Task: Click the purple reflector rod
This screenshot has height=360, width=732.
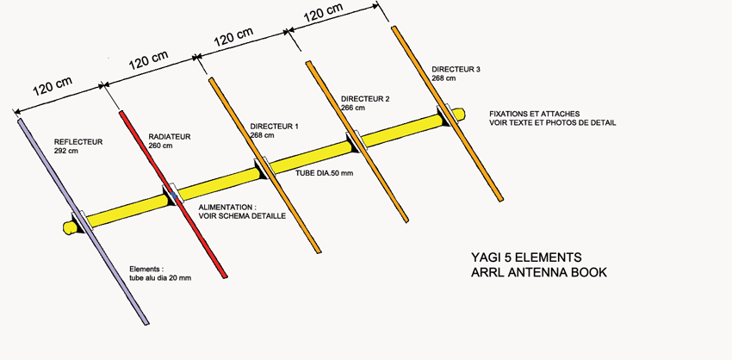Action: (x=83, y=221)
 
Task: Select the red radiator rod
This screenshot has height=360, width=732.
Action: (x=173, y=195)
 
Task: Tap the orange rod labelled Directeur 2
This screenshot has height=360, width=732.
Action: (x=357, y=141)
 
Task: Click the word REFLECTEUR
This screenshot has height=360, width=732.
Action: (x=78, y=142)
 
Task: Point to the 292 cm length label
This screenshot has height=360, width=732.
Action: (x=65, y=151)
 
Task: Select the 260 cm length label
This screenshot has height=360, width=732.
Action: (x=159, y=146)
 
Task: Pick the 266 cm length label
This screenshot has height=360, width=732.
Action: (x=352, y=108)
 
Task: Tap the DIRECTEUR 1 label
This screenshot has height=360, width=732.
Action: (x=274, y=126)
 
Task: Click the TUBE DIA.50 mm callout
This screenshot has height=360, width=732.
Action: (x=324, y=173)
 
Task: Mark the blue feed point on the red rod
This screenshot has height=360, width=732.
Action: (x=174, y=196)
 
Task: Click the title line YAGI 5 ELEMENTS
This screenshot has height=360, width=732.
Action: (x=526, y=258)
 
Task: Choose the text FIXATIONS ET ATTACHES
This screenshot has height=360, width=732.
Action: (x=535, y=114)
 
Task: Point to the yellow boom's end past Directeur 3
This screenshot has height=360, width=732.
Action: (x=460, y=114)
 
